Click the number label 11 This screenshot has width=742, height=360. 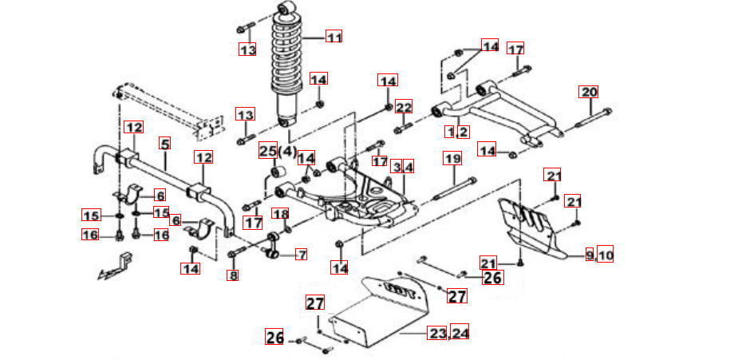[333, 37]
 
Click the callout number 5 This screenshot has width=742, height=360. [165, 144]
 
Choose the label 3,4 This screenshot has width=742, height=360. [403, 167]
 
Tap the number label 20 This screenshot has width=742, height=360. [589, 92]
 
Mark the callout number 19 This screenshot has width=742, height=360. [452, 159]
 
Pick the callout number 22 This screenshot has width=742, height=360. [404, 107]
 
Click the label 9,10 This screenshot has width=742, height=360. [599, 255]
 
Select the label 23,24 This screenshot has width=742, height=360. [448, 333]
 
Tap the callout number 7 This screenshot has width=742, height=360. [301, 255]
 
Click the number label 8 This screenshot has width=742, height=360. [233, 276]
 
